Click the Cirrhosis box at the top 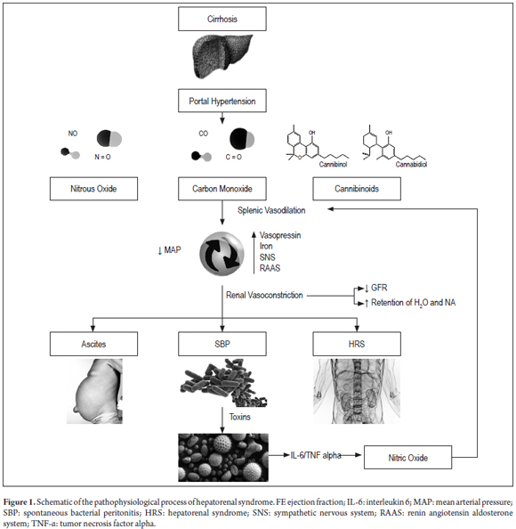tap(222, 19)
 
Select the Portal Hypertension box tap(222, 101)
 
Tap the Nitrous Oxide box tap(93, 189)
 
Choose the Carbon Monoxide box tap(222, 189)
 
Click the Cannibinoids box tap(357, 189)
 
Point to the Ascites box tap(93, 344)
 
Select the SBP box tap(222, 344)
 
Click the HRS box tap(357, 344)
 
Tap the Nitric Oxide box tap(407, 458)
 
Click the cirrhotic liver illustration tap(222, 56)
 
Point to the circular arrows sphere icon tap(222, 254)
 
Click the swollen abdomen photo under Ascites tap(94, 391)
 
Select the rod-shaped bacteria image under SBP tap(223, 383)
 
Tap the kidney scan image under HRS tap(357, 391)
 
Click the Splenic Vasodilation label tap(271, 210)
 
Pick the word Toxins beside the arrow tap(240, 417)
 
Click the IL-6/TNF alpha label tap(316, 455)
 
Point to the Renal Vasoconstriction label tap(264, 295)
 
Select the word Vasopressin tap(280, 235)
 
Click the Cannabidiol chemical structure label tap(411, 164)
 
